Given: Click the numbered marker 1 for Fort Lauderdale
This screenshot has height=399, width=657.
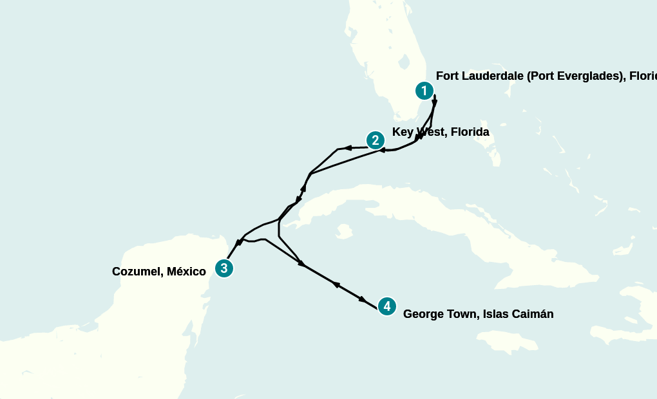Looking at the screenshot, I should (424, 91).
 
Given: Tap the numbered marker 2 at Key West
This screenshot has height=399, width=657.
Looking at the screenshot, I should (376, 140).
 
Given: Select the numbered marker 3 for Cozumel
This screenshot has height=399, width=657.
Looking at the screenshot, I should (224, 268).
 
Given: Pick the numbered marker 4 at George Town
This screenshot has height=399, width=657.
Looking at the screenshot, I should (386, 306).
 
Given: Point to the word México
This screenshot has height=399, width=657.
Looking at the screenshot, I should (186, 272).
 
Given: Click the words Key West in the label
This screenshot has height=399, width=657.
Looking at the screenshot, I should (419, 132).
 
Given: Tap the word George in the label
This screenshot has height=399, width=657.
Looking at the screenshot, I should (422, 314).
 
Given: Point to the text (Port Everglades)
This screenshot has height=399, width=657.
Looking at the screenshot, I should (573, 76).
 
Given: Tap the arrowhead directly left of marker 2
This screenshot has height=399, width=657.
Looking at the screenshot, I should (348, 148).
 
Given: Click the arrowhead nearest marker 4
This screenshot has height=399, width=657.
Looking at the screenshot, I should (363, 300).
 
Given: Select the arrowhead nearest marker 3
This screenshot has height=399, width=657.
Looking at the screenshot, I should (238, 243).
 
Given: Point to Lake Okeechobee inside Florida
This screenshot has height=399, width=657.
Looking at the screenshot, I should (405, 62).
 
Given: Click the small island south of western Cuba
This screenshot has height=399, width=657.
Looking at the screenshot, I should (344, 230).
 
